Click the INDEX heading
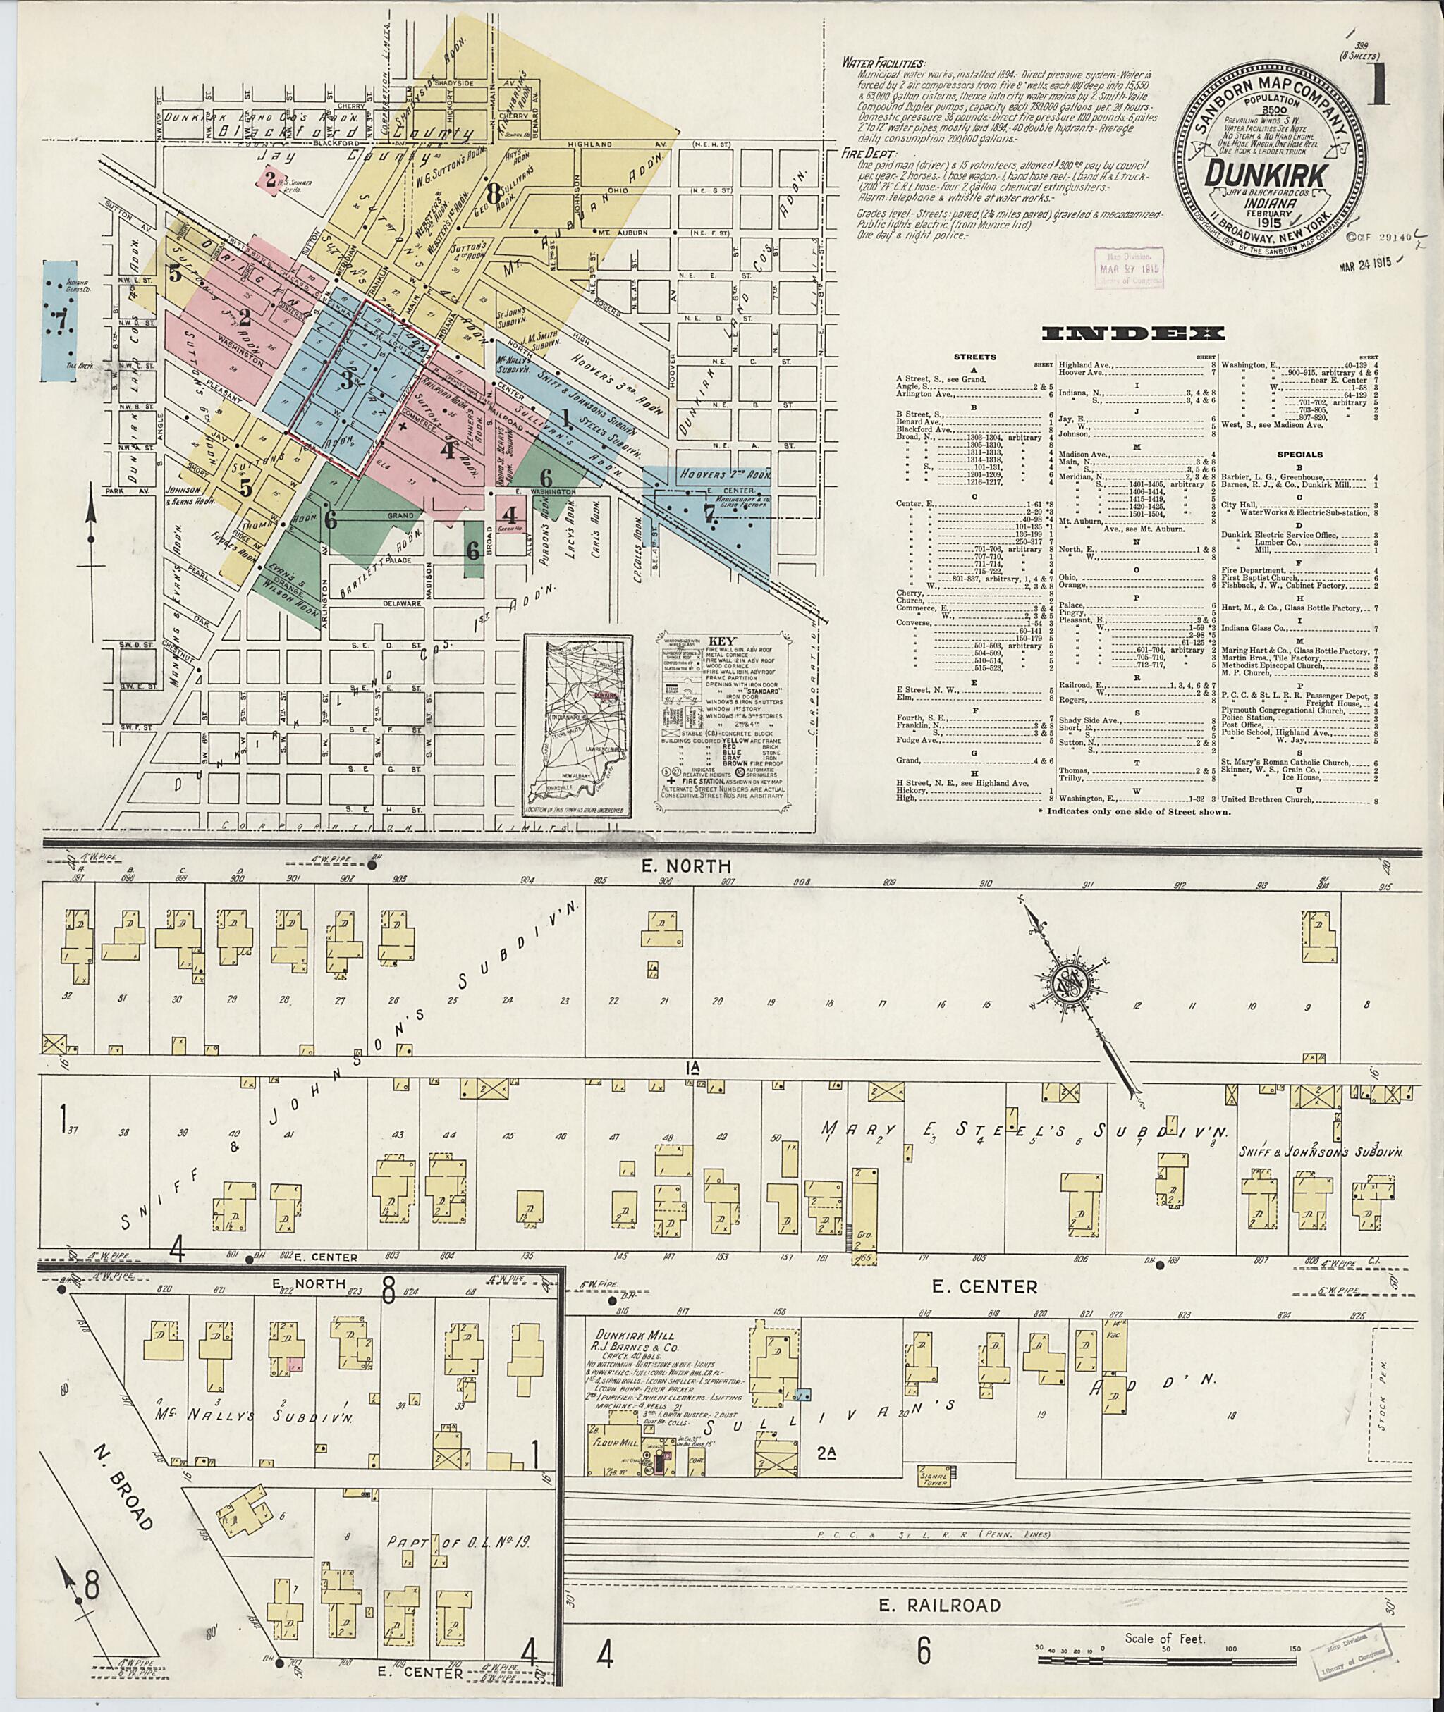[x=1133, y=333]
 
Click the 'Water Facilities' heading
[x=883, y=64]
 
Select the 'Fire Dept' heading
[x=871, y=152]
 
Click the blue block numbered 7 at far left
[x=59, y=320]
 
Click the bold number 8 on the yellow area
[x=492, y=194]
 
